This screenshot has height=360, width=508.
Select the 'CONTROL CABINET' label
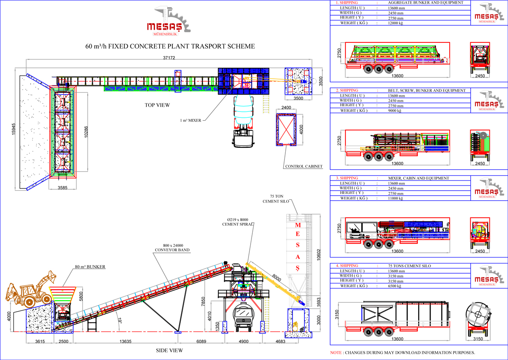304,166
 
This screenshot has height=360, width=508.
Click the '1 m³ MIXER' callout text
191,121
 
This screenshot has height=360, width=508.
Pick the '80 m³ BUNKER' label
90,267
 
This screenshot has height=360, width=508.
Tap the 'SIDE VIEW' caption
170,350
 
